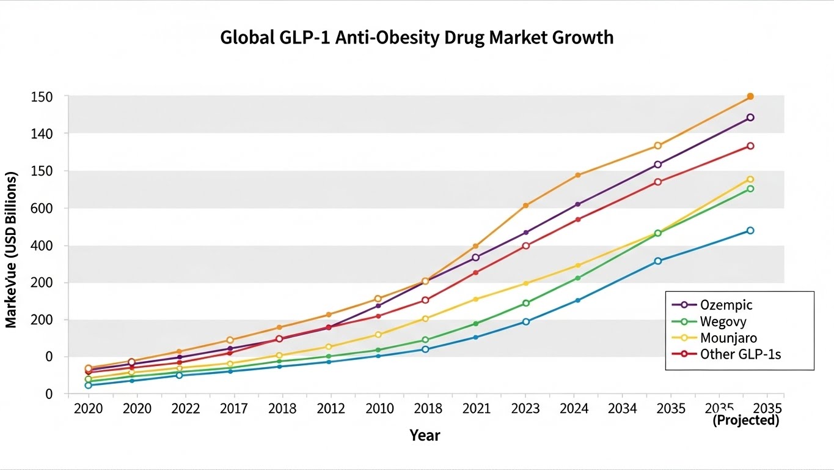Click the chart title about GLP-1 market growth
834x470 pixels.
tap(417, 38)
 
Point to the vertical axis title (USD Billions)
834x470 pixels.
tap(11, 249)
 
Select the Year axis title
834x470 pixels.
tap(425, 435)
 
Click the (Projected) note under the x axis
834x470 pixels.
tap(745, 420)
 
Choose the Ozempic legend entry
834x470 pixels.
tap(726, 305)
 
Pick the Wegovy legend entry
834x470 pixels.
tap(723, 321)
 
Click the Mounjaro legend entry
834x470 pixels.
tap(728, 338)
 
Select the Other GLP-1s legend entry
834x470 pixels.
tap(741, 354)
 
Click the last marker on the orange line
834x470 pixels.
tap(750, 97)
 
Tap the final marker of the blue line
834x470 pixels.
tap(750, 231)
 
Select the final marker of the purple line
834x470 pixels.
tap(750, 117)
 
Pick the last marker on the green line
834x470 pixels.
tap(750, 188)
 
